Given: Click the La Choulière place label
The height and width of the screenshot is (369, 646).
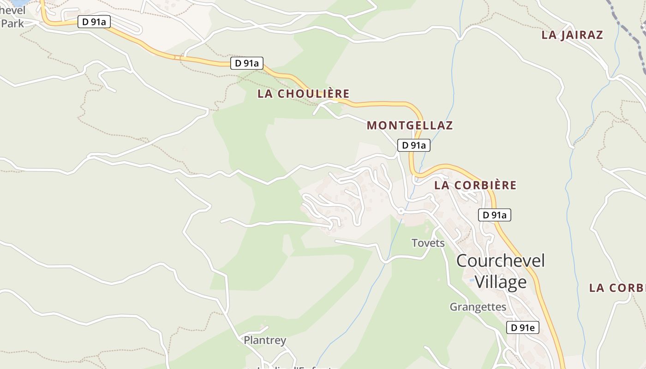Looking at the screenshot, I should [303, 94].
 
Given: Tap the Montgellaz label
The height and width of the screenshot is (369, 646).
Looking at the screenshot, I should [409, 125].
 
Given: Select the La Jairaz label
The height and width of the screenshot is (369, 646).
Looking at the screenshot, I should [572, 35].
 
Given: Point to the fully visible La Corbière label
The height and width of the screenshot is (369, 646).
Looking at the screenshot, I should [475, 185].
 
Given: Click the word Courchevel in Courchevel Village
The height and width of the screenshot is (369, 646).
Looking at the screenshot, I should [500, 261].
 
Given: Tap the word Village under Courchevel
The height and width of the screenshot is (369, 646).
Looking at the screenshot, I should [500, 281].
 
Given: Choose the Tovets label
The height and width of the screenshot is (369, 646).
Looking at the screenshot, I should [428, 243].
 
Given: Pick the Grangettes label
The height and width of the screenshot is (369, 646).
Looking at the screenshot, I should [478, 307].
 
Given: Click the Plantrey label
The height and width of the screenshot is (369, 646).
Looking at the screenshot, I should [265, 340].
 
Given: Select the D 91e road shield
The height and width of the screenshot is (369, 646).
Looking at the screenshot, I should [523, 327].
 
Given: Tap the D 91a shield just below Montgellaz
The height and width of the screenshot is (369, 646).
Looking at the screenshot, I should [414, 145].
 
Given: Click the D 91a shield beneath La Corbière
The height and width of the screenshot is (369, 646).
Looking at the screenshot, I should [494, 214].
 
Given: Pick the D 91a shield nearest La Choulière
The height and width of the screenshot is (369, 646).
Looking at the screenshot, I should [246, 63].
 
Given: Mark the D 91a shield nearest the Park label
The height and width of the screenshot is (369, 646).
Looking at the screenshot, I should [94, 22].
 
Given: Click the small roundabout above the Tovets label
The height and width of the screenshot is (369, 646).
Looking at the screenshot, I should [401, 211].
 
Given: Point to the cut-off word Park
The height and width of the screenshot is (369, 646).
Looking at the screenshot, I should [12, 23].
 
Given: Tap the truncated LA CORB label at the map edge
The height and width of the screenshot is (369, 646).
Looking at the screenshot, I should [617, 288].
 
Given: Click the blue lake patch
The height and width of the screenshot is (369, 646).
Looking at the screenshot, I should [18, 2].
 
